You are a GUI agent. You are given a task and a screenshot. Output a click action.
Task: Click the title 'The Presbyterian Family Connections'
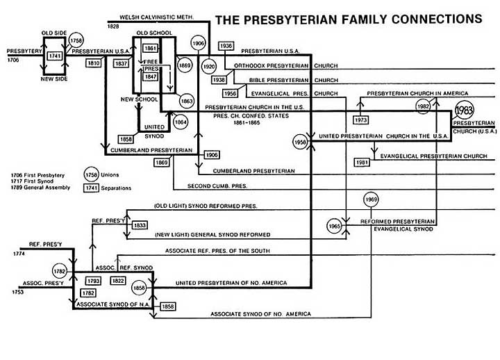click(349, 19)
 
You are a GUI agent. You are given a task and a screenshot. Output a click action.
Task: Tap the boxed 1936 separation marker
click(226, 46)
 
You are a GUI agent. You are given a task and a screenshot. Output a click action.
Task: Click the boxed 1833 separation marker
click(140, 225)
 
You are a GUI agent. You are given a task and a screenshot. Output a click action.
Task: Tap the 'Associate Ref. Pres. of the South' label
click(227, 250)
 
